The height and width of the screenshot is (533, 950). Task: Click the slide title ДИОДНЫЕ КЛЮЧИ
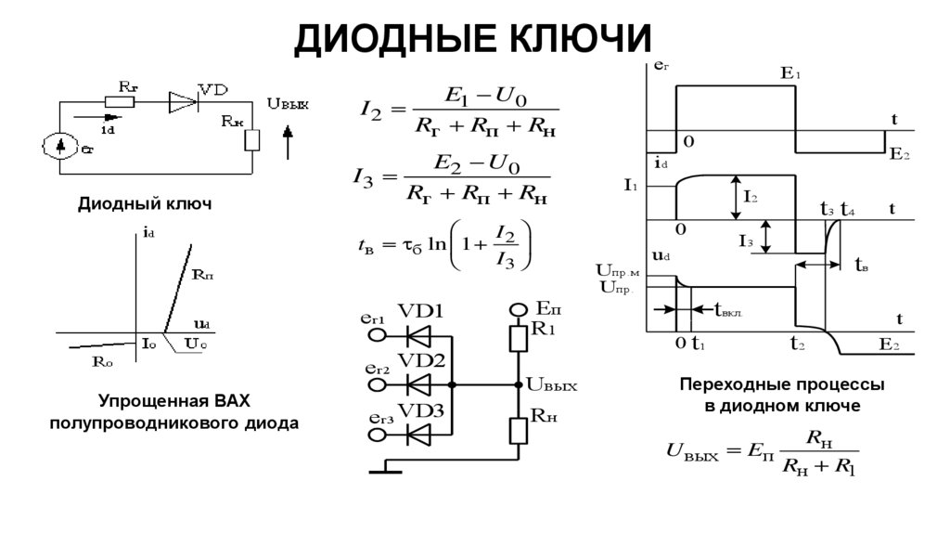tap(474, 39)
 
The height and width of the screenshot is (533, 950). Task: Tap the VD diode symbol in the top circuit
tap(183, 102)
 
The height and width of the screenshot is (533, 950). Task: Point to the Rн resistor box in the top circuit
tap(252, 139)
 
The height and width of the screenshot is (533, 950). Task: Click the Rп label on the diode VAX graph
tap(203, 275)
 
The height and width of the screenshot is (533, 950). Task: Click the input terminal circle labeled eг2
tap(376, 383)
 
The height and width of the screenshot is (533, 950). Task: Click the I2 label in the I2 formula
tap(370, 110)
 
